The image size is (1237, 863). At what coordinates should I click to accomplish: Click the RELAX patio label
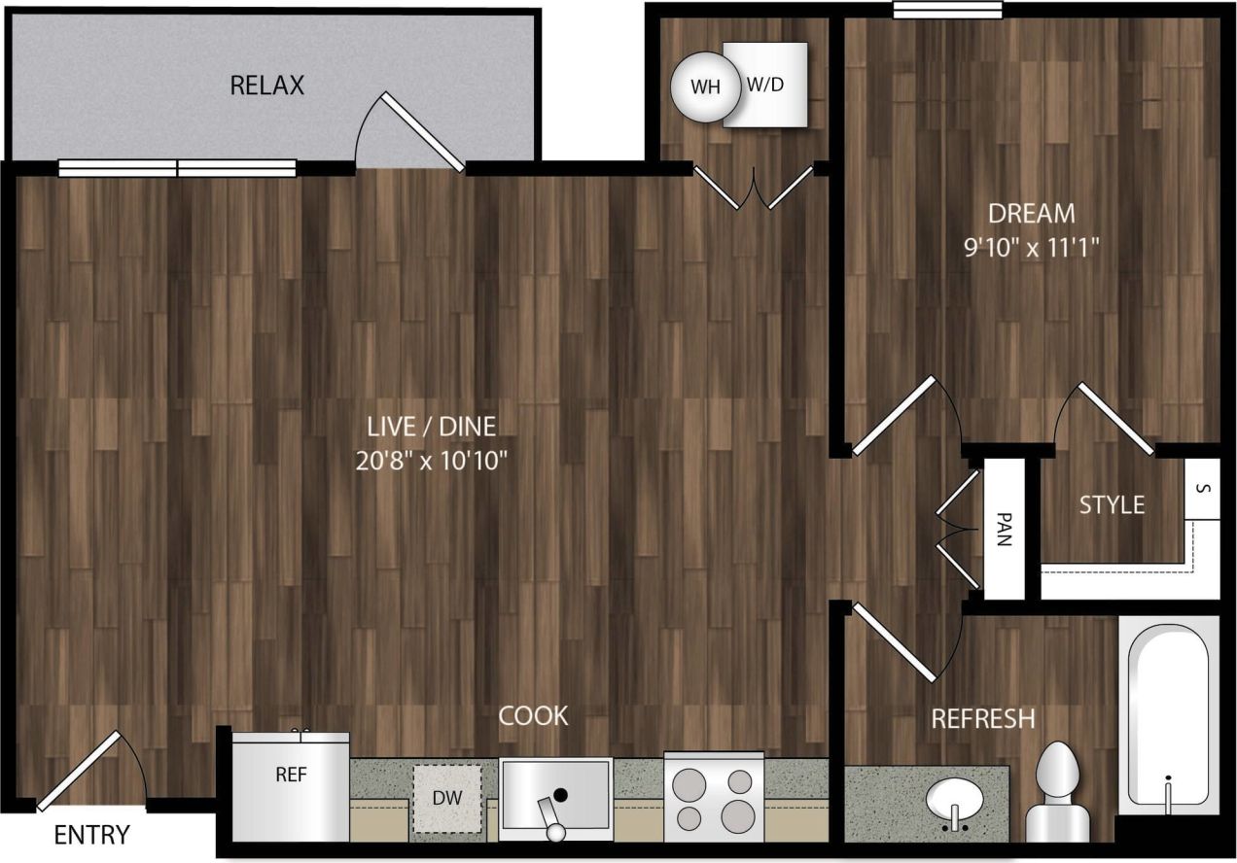(x=266, y=86)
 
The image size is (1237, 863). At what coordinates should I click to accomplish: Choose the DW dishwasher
(x=446, y=799)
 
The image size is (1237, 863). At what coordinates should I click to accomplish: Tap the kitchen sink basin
(x=555, y=795)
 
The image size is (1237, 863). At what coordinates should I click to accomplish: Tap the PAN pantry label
(x=1005, y=530)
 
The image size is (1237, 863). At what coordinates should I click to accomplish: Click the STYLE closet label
(x=1112, y=505)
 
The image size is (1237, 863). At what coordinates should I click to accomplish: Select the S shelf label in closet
(x=1202, y=488)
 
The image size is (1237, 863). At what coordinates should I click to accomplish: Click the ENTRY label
(x=91, y=835)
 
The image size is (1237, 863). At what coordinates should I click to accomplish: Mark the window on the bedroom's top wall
(x=947, y=10)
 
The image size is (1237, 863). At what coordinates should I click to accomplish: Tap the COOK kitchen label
(x=533, y=716)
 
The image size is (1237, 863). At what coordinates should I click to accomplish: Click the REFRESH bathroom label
(x=982, y=719)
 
